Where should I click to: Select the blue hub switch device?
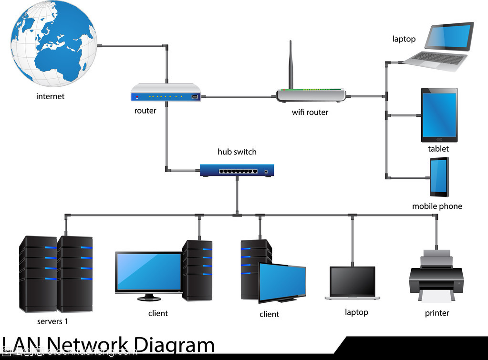click(x=237, y=170)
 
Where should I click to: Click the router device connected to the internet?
click(x=166, y=93)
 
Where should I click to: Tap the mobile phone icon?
click(x=439, y=177)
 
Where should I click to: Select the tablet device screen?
click(x=439, y=114)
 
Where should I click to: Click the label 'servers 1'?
click(x=52, y=321)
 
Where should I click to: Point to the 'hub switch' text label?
click(x=237, y=152)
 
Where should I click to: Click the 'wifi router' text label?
click(x=310, y=113)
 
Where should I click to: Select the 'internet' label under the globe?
click(x=50, y=96)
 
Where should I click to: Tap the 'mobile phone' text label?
click(x=437, y=206)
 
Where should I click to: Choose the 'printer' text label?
click(x=437, y=313)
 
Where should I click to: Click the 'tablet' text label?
click(x=438, y=149)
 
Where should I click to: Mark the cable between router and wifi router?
click(x=239, y=97)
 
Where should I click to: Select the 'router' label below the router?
click(x=145, y=111)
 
